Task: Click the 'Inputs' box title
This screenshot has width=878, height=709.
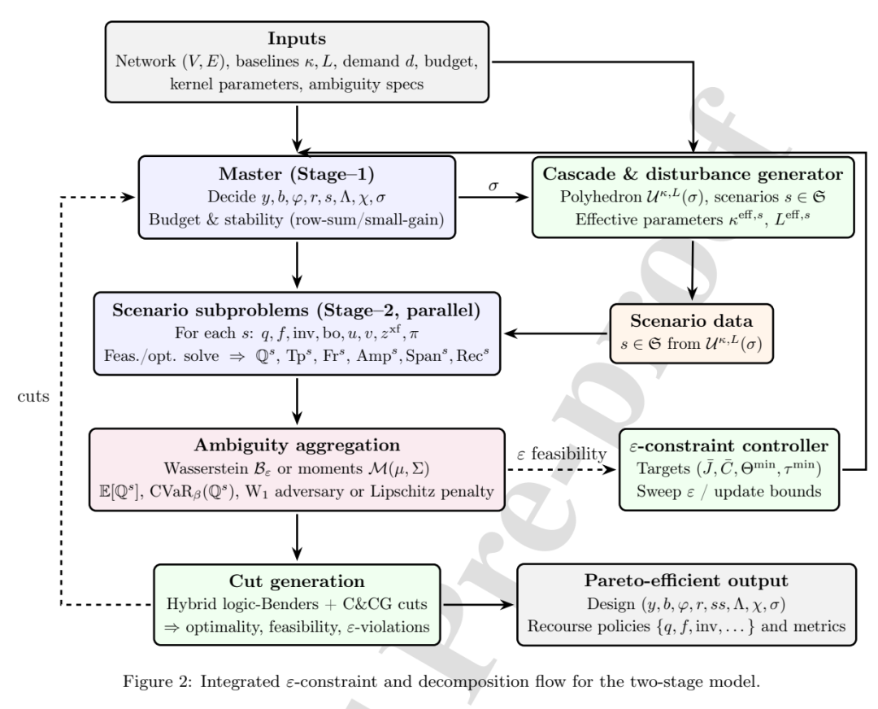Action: tap(297, 38)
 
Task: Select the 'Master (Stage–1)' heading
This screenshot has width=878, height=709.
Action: tap(296, 174)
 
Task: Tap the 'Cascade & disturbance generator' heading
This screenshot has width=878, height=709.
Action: tap(693, 174)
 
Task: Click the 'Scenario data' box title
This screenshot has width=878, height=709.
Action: tap(692, 320)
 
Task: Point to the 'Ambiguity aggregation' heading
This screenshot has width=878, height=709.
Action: tap(298, 446)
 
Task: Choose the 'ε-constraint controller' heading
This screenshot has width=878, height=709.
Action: tap(729, 446)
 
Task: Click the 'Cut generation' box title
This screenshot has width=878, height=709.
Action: tap(297, 581)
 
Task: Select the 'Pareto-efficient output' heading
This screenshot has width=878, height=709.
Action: tap(686, 581)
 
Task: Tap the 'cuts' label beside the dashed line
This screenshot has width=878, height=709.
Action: tap(33, 397)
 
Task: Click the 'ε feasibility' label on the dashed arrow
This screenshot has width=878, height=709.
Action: tap(562, 454)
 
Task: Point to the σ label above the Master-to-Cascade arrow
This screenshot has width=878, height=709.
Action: tap(493, 185)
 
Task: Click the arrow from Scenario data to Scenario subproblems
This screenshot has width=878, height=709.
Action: tap(556, 334)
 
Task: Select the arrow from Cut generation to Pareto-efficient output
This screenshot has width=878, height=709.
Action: tap(478, 605)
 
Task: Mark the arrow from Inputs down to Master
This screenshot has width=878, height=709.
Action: tap(297, 128)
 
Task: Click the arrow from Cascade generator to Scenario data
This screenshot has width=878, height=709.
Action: tap(693, 271)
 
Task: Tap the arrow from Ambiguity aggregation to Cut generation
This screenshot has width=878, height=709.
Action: tap(297, 537)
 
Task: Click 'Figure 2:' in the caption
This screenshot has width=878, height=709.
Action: tap(158, 681)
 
